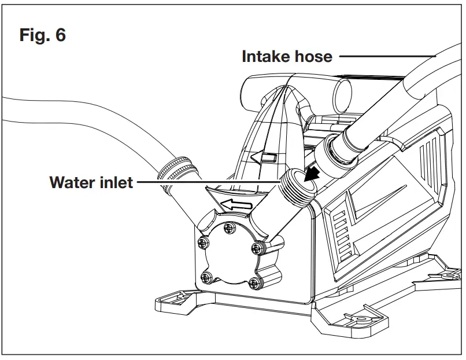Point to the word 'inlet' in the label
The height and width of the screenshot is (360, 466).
[x=115, y=182]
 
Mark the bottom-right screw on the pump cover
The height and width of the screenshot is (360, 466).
[x=254, y=283]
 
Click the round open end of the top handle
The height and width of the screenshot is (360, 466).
[x=345, y=92]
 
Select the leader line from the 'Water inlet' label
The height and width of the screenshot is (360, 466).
[x=208, y=182]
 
